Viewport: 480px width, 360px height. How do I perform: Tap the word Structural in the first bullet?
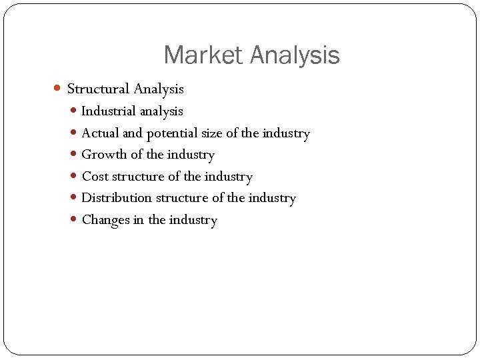point(98,89)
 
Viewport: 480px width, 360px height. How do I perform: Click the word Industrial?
point(109,111)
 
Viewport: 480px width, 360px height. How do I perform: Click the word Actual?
point(101,133)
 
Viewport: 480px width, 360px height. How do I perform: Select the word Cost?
point(95,177)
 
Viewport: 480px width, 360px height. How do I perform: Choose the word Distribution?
point(117,198)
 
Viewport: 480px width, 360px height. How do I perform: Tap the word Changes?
point(105,220)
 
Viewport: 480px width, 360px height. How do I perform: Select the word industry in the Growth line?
point(192,155)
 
